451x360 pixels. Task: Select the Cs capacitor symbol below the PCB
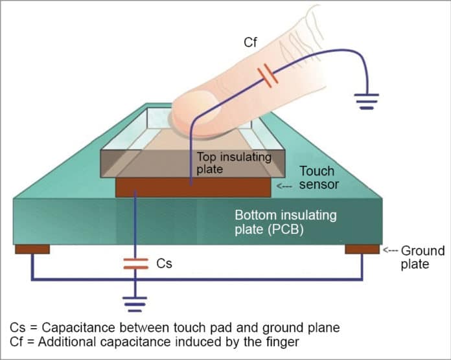coord(135,264)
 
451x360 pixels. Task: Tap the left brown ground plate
coord(32,249)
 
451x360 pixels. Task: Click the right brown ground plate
coord(362,249)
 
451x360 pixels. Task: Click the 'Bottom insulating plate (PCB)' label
coord(286,220)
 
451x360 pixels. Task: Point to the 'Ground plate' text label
coord(422,257)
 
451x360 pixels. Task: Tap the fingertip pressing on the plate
coord(194,117)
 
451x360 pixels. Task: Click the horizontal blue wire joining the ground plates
coord(194,279)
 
